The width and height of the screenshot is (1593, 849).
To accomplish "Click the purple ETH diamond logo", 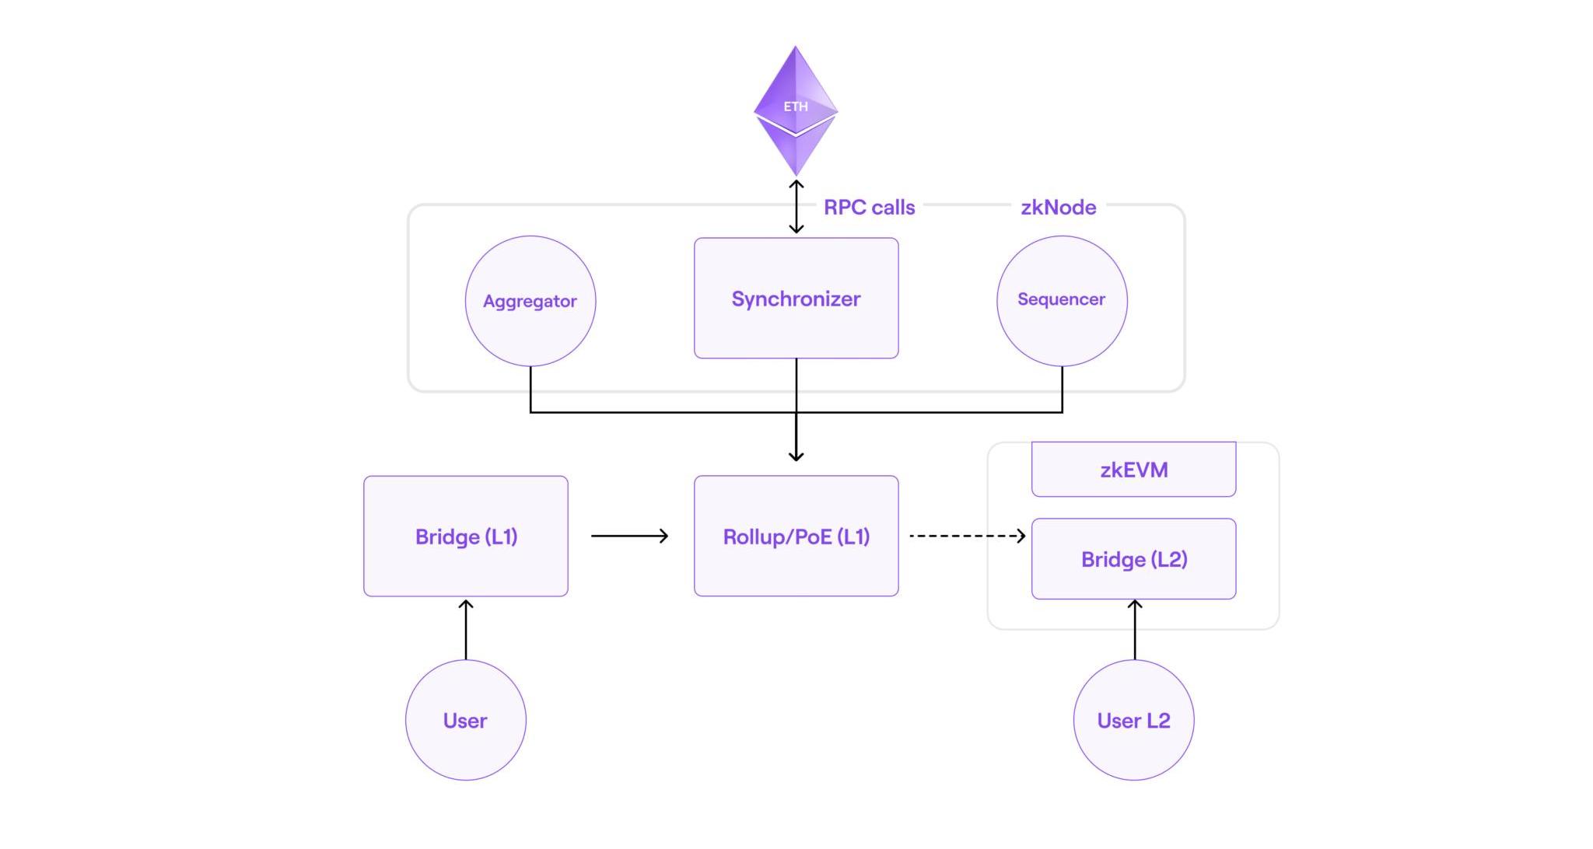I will click(795, 109).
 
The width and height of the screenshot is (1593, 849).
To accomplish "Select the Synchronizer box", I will click(796, 299).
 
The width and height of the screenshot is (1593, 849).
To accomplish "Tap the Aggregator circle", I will click(530, 301).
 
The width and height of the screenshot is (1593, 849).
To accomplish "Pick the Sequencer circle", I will click(1062, 300).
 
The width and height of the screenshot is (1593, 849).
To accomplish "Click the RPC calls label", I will click(869, 208).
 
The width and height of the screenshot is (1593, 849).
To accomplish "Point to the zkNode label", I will click(1058, 208).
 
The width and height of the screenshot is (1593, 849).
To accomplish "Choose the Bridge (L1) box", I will click(466, 536).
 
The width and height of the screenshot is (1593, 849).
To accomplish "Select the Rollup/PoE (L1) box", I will click(796, 536).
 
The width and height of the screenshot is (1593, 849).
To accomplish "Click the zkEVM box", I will click(1133, 470).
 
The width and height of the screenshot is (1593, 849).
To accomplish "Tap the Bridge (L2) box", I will click(1133, 559).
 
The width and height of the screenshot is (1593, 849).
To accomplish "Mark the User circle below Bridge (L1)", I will click(465, 720).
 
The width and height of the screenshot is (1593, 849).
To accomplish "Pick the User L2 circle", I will click(1133, 720).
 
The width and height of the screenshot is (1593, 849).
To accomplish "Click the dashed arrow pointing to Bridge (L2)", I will click(967, 536).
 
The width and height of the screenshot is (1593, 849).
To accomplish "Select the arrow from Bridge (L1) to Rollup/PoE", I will click(629, 536).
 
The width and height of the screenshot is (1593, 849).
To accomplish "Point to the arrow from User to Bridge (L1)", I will click(466, 629).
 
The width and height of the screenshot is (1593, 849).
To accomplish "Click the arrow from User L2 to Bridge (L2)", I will click(1135, 630).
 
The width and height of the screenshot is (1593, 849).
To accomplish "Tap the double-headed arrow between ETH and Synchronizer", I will click(796, 207).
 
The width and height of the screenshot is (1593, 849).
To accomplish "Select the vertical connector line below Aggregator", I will click(530, 389).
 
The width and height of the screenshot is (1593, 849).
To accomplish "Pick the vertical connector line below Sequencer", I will click(1062, 389).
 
